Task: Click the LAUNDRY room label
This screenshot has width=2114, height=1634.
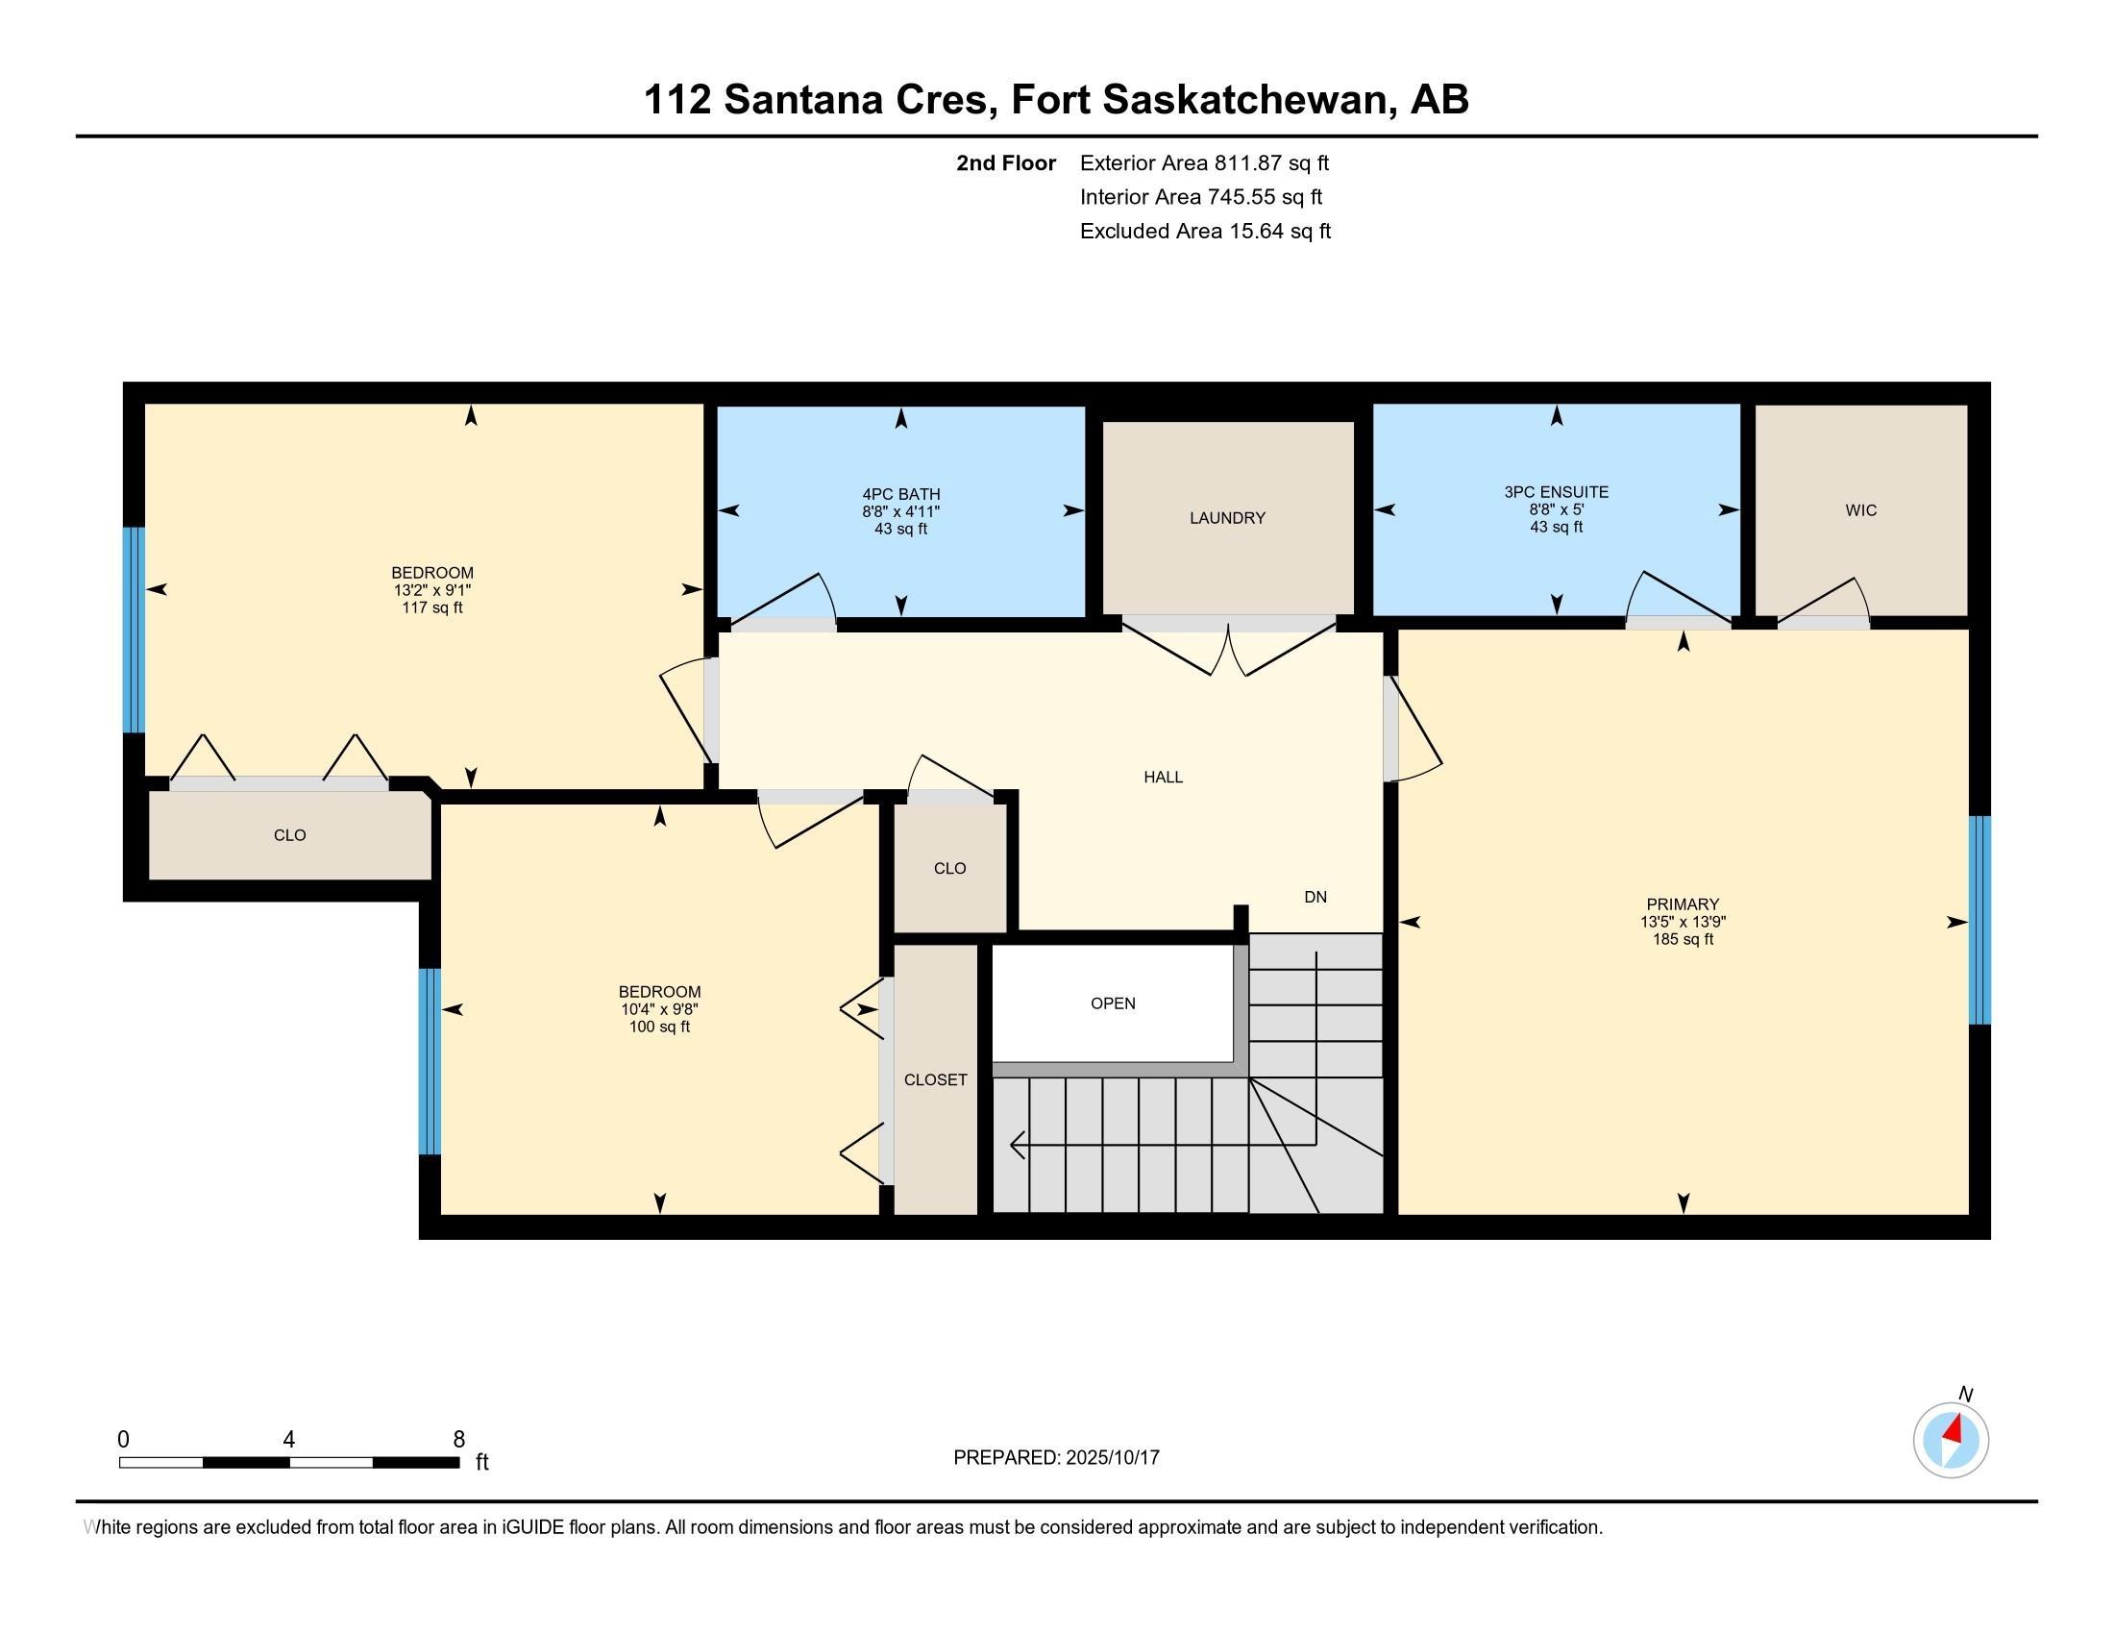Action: (x=1227, y=518)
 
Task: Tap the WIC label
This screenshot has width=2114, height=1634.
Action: (x=1860, y=510)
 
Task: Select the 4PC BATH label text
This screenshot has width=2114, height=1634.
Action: (x=900, y=494)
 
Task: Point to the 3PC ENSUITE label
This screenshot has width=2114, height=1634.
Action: (x=1556, y=492)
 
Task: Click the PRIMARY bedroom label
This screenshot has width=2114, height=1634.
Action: (x=1683, y=904)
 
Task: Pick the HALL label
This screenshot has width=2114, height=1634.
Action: (x=1163, y=777)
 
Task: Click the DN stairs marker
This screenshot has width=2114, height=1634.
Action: (x=1315, y=897)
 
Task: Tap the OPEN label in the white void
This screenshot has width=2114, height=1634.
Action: (x=1112, y=1003)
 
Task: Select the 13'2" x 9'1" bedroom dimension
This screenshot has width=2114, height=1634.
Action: (x=431, y=589)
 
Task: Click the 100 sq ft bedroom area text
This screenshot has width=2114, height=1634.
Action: (x=659, y=1027)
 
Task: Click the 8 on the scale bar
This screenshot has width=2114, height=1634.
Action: (x=458, y=1439)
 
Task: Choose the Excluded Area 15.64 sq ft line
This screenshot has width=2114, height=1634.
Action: (x=1204, y=231)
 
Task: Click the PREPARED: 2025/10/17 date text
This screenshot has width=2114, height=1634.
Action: (x=1056, y=1457)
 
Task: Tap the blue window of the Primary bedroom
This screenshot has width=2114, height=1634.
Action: (x=1979, y=920)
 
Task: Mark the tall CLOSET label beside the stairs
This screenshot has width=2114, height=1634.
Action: (x=935, y=1079)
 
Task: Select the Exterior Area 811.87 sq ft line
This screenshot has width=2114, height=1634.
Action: (x=1203, y=162)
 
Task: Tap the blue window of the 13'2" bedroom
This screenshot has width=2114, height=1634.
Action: (x=134, y=630)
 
